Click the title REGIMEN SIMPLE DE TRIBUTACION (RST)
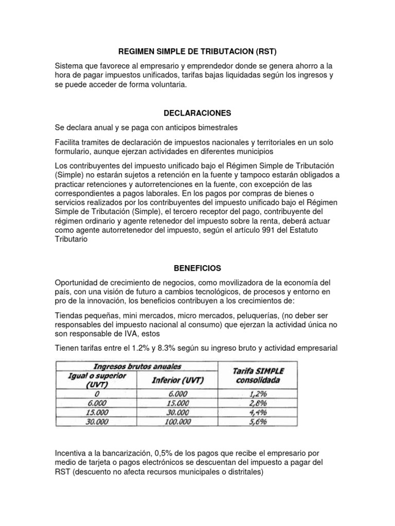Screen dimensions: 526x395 pos(197,51)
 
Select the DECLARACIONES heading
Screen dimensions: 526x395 pos(197,112)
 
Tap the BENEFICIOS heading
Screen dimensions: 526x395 pos(197,268)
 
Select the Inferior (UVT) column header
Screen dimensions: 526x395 pos(177,380)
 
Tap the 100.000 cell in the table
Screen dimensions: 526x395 pos(177,421)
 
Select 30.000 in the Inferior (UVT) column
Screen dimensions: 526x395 pos(177,412)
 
